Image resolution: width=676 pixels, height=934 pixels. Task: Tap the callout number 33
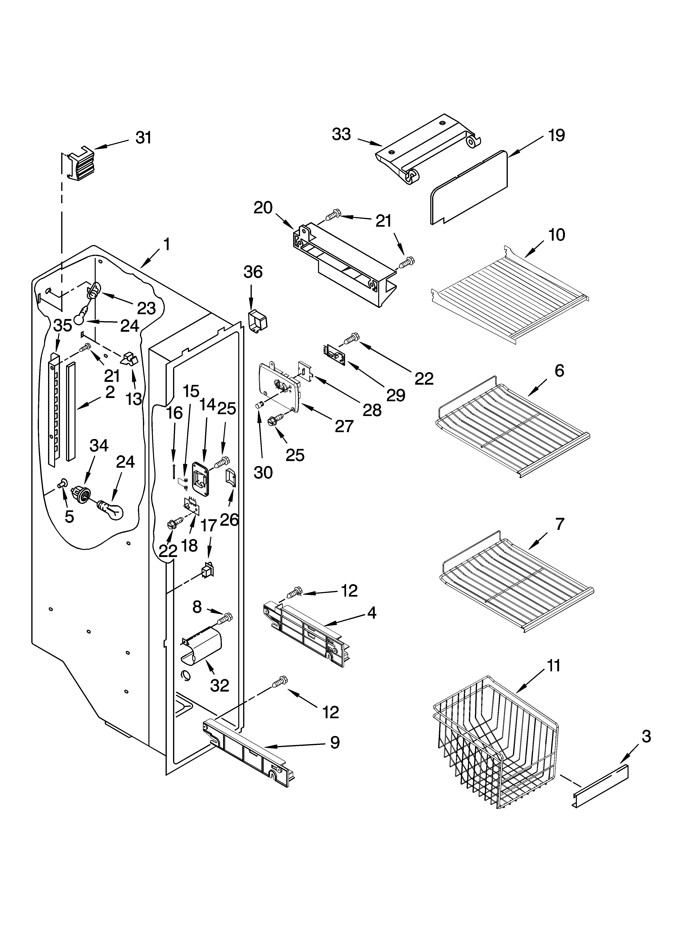(341, 134)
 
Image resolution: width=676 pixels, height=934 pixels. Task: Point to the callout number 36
(253, 272)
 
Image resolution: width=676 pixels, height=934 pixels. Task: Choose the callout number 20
(263, 208)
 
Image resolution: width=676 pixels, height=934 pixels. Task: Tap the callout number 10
(557, 235)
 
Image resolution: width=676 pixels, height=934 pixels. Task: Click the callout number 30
(263, 473)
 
